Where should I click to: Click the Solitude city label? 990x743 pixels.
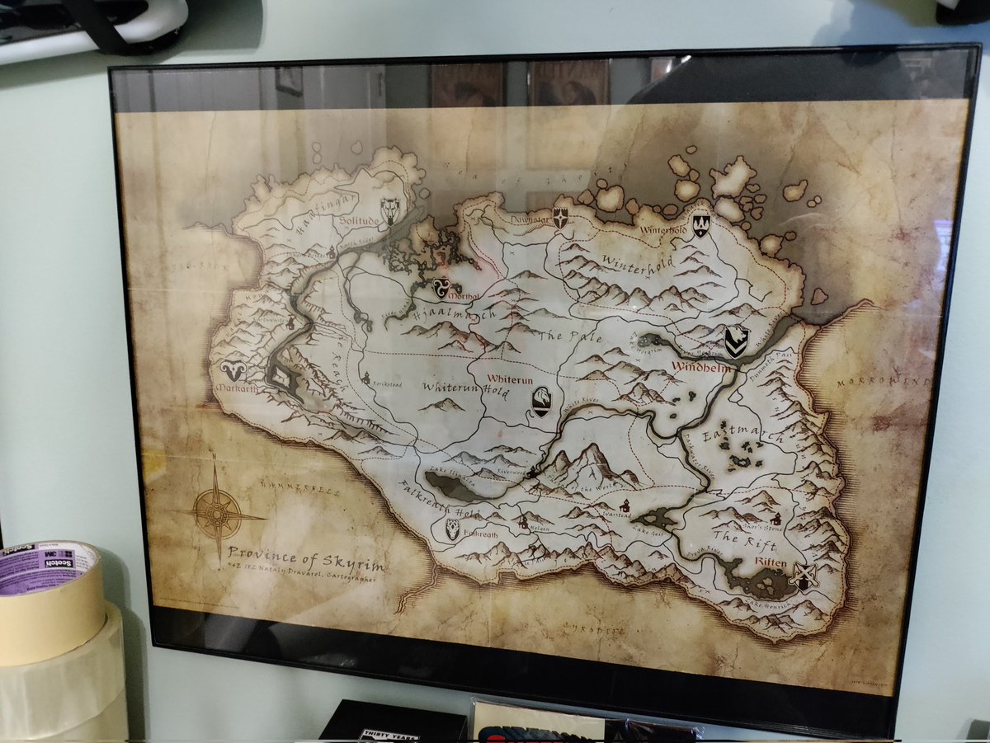[x=358, y=222]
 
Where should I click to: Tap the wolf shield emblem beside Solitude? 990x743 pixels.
[x=390, y=211]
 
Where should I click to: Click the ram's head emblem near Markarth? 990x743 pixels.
[x=233, y=371]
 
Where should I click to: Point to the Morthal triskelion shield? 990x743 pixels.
[x=441, y=288]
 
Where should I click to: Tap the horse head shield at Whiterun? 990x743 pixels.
[x=541, y=402]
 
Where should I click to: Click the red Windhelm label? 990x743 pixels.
[x=701, y=368]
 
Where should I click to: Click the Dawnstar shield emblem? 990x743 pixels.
[x=560, y=218]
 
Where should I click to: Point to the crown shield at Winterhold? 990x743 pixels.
[x=700, y=224]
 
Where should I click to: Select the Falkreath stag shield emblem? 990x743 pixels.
[x=452, y=529]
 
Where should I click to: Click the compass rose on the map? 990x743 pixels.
[x=217, y=512]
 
